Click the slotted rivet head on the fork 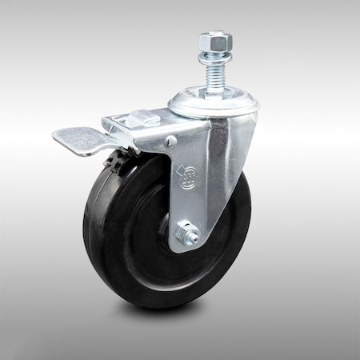click(170, 141)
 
